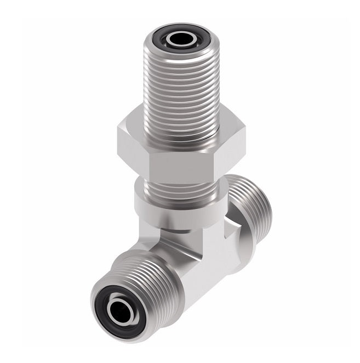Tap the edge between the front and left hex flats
(149, 159)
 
